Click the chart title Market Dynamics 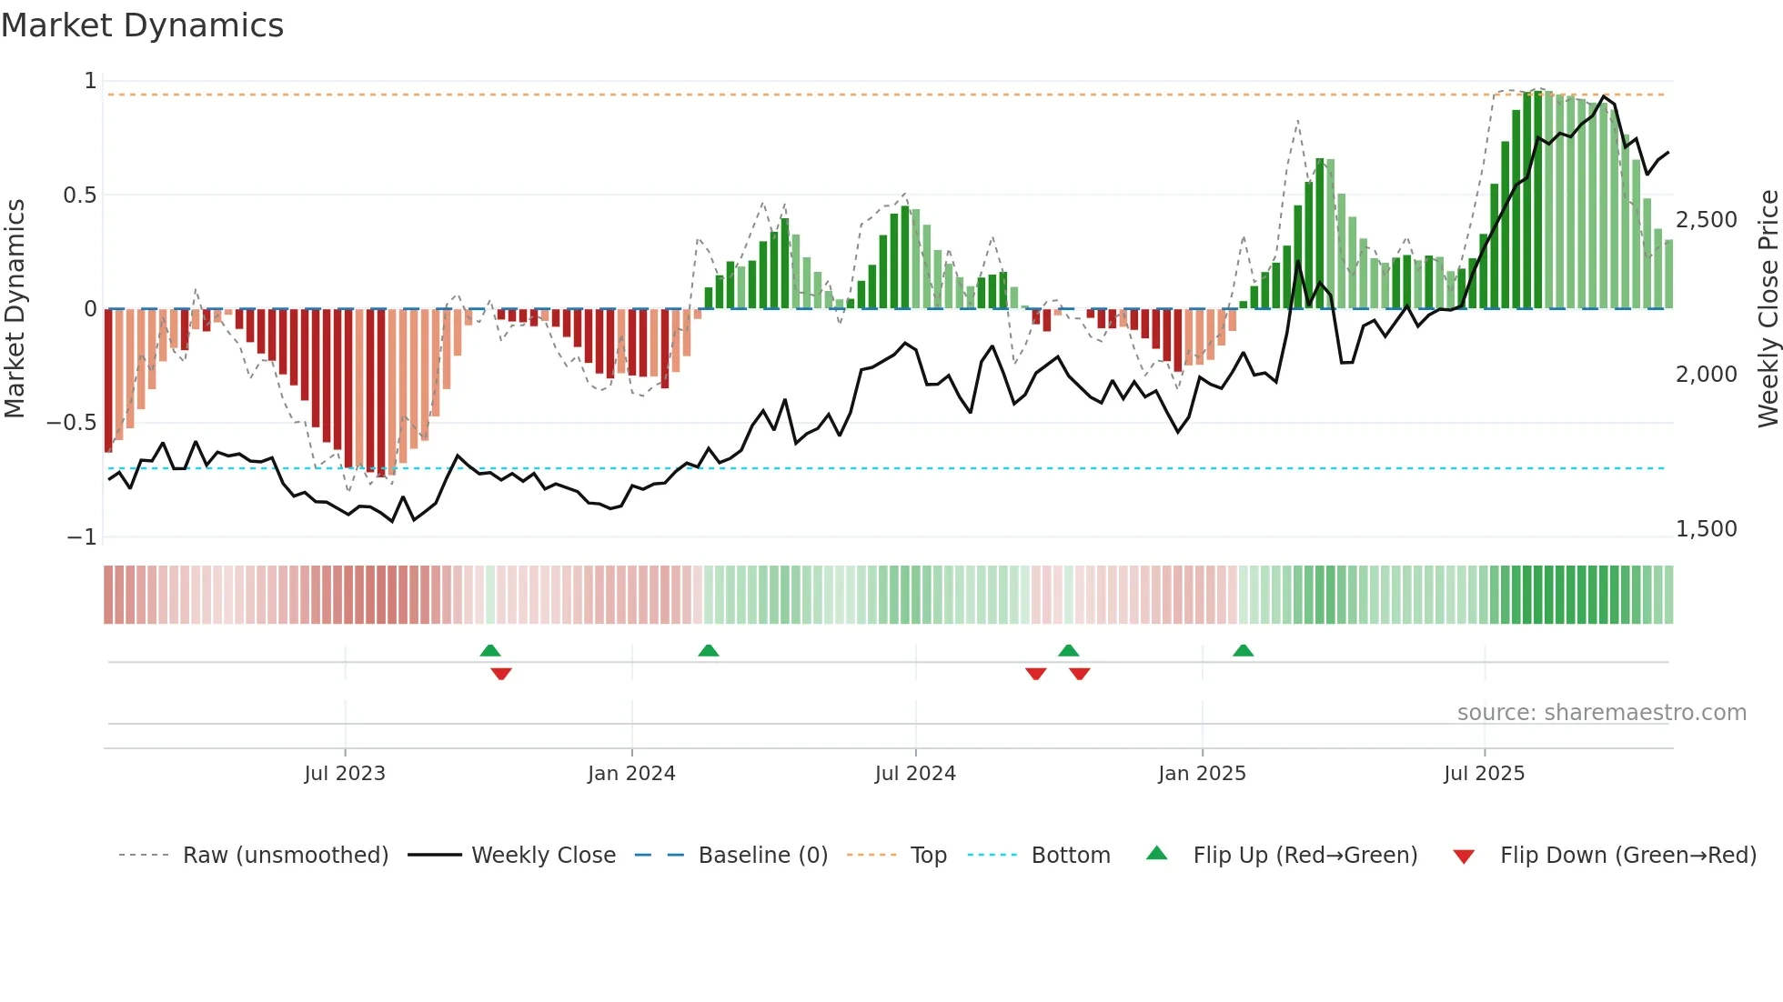pos(142,25)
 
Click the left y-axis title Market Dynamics pos(15,308)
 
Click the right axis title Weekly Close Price pos(1768,308)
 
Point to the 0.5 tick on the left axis pos(79,195)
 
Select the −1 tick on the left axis pos(82,537)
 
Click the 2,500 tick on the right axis pos(1706,220)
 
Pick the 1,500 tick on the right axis pos(1706,529)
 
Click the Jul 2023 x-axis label pos(345,774)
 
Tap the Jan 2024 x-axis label pos(631,774)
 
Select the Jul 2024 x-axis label pos(915,774)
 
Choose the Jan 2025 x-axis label pos(1202,774)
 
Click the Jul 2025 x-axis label pos(1484,774)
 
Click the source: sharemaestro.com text pos(1601,713)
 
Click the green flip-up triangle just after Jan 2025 pos(1243,650)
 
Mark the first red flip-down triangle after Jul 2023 pos(501,674)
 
